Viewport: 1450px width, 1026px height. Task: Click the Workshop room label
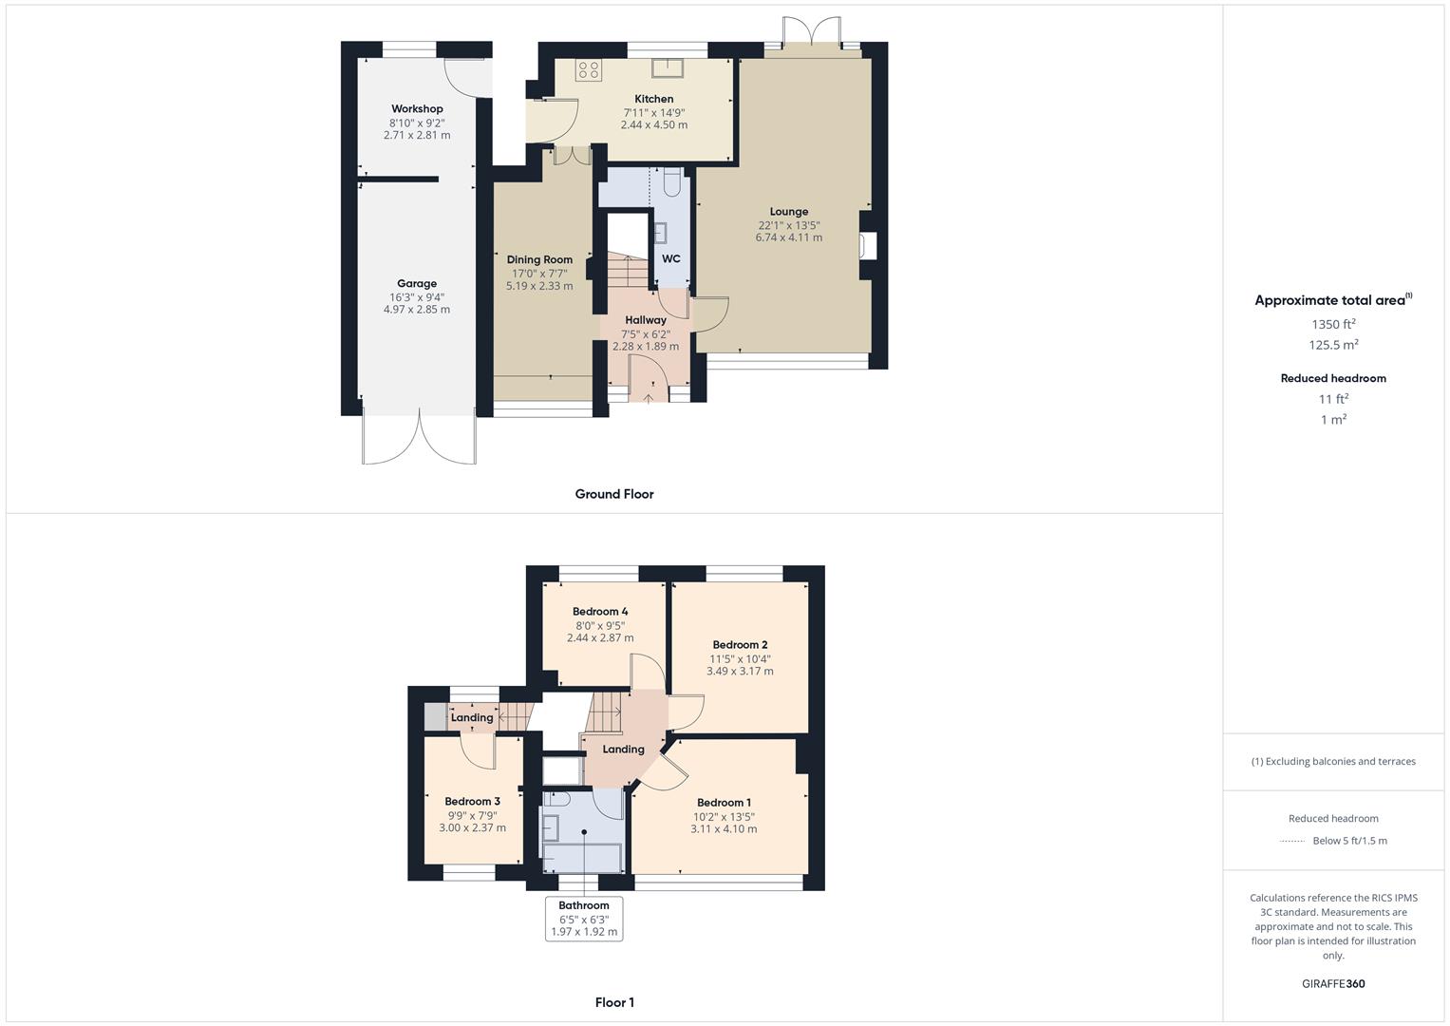coord(417,109)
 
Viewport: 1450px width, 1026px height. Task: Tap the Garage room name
coord(417,283)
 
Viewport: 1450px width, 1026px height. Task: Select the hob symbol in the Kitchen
coord(588,69)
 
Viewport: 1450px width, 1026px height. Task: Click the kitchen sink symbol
coord(668,66)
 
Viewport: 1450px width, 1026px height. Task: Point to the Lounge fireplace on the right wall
coord(867,245)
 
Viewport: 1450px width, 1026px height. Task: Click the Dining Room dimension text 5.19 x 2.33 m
coord(539,286)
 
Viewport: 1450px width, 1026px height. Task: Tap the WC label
coord(671,258)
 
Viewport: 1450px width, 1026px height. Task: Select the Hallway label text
coord(646,320)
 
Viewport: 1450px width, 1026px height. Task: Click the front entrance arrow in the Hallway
coord(649,397)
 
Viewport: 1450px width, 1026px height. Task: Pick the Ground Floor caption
coord(614,494)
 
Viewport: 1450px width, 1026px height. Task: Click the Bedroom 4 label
coord(600,612)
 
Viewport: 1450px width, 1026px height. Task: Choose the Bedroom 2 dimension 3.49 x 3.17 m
coord(740,672)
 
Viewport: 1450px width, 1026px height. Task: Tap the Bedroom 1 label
coord(724,803)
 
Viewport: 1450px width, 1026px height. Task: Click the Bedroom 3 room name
coord(472,802)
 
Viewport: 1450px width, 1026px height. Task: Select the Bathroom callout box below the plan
coord(584,919)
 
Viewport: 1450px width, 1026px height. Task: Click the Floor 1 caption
coord(614,1002)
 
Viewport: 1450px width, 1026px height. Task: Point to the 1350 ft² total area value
coord(1333,325)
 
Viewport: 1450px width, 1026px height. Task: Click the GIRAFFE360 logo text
coord(1333,984)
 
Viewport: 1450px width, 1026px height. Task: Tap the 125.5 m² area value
coord(1333,346)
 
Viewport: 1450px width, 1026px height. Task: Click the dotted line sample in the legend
coord(1293,841)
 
